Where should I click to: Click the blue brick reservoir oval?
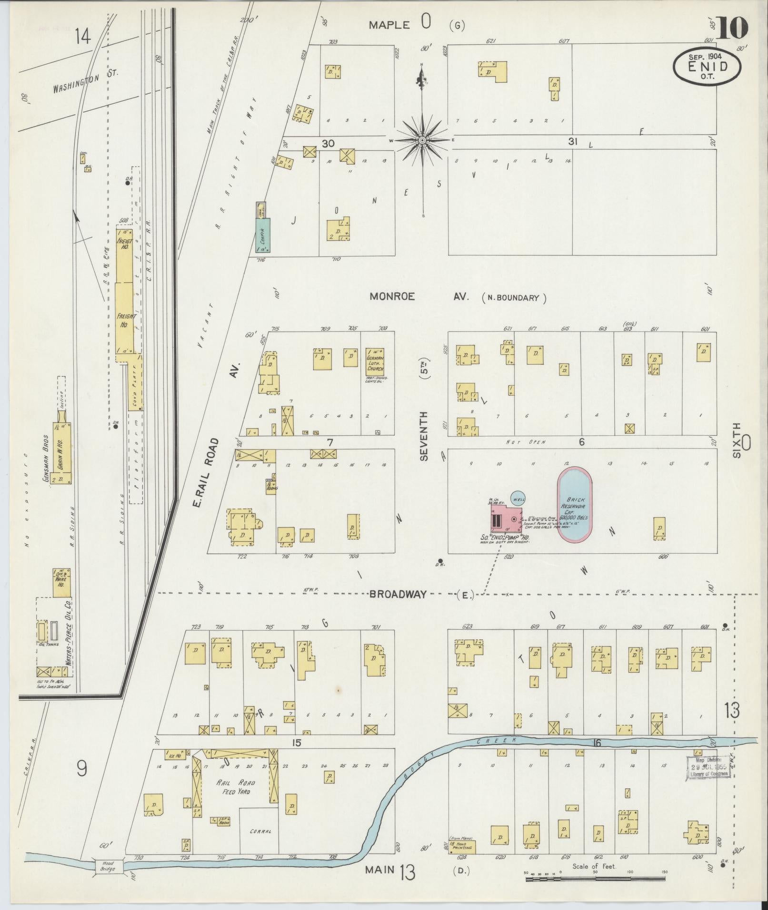(x=575, y=505)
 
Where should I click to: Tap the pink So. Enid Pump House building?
(x=508, y=519)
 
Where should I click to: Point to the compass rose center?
(x=422, y=140)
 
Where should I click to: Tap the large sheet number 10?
(x=732, y=28)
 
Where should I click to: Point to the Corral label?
(x=259, y=831)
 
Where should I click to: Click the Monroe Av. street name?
(x=419, y=297)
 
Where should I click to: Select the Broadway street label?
(x=398, y=594)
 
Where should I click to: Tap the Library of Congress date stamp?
(x=707, y=768)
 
